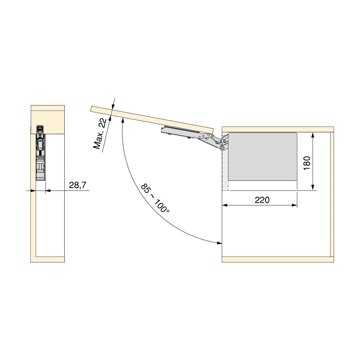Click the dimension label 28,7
(77, 185)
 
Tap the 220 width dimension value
(262, 200)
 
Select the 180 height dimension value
(307, 163)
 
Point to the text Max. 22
(99, 134)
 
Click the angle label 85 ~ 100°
(155, 198)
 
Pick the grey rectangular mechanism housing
(262, 156)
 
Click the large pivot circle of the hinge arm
(222, 148)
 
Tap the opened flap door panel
(152, 120)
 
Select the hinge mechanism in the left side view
(41, 153)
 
